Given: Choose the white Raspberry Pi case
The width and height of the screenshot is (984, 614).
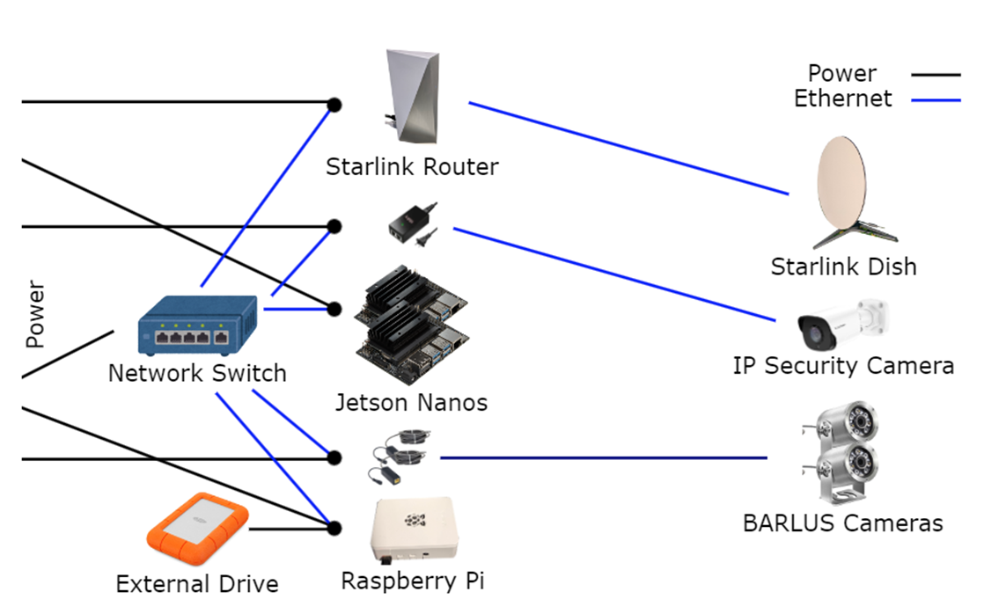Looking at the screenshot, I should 412,530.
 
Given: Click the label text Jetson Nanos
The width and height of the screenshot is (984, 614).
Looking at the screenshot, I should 411,403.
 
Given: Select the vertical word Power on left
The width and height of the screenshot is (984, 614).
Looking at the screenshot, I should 34,314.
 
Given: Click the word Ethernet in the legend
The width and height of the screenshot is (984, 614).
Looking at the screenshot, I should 842,99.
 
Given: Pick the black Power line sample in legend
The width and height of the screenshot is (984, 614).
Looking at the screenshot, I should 935,76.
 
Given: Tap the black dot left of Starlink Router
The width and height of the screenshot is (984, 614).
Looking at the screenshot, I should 334,105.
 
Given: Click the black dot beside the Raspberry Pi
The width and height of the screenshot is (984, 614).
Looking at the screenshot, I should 334,528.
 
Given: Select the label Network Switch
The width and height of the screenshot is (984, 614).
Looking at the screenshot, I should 197,373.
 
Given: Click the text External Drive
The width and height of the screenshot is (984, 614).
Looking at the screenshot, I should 197,584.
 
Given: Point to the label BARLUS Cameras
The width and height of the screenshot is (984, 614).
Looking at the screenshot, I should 842,523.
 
